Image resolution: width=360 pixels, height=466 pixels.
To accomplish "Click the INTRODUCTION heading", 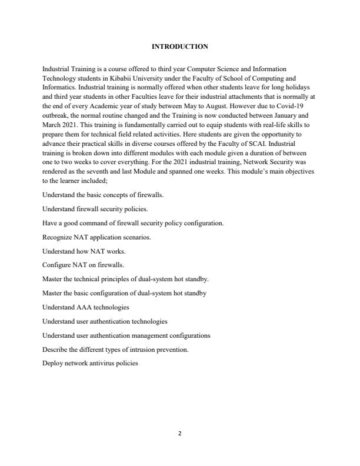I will pyautogui.click(x=179, y=46).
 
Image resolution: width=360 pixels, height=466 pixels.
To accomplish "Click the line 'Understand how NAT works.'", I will pyautogui.click(x=79, y=251).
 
